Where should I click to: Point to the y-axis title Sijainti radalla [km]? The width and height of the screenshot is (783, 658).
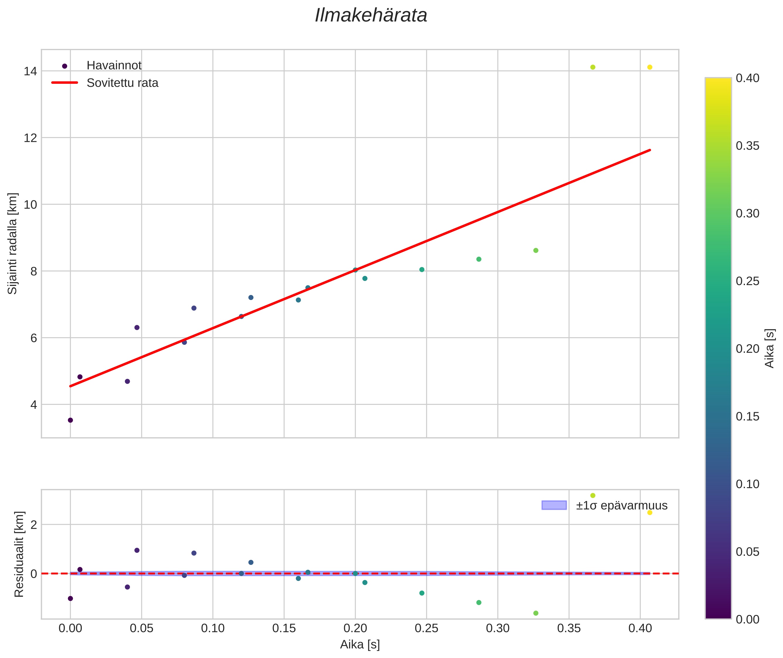point(13,243)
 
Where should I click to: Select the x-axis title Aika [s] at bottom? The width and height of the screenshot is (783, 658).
point(360,644)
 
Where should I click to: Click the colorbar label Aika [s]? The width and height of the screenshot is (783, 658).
point(770,348)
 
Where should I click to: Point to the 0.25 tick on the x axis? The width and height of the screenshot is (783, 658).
point(426,628)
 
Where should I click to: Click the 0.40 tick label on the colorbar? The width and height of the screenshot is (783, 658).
point(748,78)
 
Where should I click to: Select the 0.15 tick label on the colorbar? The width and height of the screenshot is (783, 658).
point(748,417)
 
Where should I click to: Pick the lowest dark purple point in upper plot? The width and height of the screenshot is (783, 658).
point(70,420)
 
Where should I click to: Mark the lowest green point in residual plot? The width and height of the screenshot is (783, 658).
point(536,613)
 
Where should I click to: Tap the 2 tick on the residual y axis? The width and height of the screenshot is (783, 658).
point(34,525)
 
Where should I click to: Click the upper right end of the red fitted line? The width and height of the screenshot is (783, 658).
point(650,150)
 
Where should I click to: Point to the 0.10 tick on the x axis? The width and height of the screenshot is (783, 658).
point(213,628)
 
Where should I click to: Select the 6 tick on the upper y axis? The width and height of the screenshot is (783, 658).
point(34,338)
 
